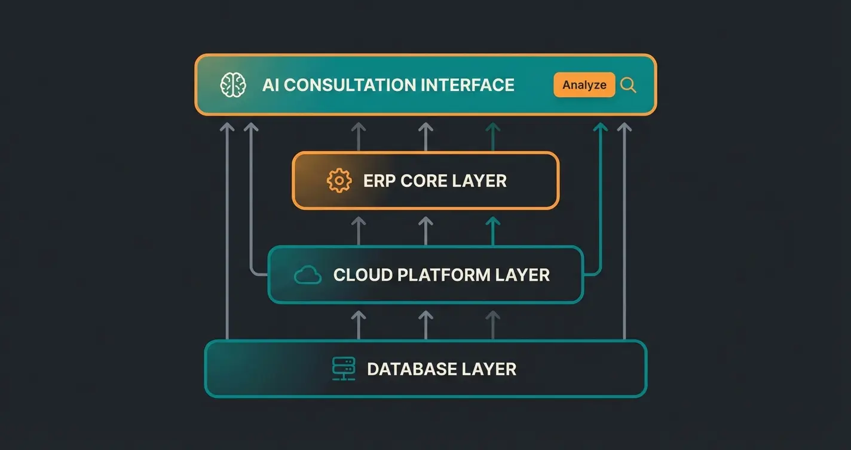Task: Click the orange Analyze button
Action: (x=584, y=85)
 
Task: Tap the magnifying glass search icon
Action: (x=628, y=85)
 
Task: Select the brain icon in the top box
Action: (x=233, y=85)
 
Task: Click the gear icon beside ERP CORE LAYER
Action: (x=339, y=181)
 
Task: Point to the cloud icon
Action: (x=308, y=275)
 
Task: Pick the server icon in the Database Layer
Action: (x=344, y=369)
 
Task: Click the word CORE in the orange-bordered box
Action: (x=424, y=181)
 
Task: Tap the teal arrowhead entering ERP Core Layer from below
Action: (x=492, y=223)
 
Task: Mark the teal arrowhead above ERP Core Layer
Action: (x=492, y=127)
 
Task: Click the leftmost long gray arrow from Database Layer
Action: (x=227, y=239)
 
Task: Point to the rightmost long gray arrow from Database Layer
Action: (x=624, y=239)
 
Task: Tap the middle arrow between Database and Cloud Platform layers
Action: (x=425, y=323)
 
